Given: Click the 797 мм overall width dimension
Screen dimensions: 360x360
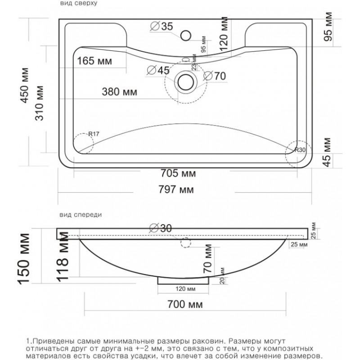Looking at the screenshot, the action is (x=176, y=189).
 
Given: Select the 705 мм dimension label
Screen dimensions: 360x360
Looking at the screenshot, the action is (x=178, y=173).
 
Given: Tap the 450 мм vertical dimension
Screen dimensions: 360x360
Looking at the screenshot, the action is (x=25, y=85).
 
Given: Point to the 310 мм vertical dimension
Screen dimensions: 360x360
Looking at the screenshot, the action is (x=39, y=103).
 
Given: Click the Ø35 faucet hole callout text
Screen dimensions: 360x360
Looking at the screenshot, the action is (x=162, y=26).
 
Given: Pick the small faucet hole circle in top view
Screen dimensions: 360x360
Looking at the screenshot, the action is (x=185, y=36).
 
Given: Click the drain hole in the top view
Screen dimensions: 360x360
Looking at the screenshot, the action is (x=185, y=82).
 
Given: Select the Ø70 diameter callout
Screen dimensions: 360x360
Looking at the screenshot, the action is (x=215, y=76).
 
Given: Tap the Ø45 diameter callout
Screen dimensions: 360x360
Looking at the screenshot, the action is (x=158, y=70).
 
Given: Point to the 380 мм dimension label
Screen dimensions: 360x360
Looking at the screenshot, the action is (x=119, y=92).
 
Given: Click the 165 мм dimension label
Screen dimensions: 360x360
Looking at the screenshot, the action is (x=94, y=61).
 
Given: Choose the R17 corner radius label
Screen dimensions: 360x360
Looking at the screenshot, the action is (x=94, y=134).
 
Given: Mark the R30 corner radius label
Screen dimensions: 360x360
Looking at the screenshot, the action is (x=300, y=150).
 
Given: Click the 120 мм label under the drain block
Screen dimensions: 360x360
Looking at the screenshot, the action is (x=185, y=288).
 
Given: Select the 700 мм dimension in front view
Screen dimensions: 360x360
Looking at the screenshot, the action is (x=185, y=305).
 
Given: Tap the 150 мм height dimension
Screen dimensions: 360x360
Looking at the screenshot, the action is (x=24, y=259).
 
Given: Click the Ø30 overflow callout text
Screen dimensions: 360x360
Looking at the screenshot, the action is (x=161, y=228).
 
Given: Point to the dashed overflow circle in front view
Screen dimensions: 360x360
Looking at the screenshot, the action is (x=185, y=243).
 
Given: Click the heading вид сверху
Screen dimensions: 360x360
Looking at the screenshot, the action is (x=79, y=3).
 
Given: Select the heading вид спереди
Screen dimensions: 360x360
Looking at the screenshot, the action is (x=81, y=215).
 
